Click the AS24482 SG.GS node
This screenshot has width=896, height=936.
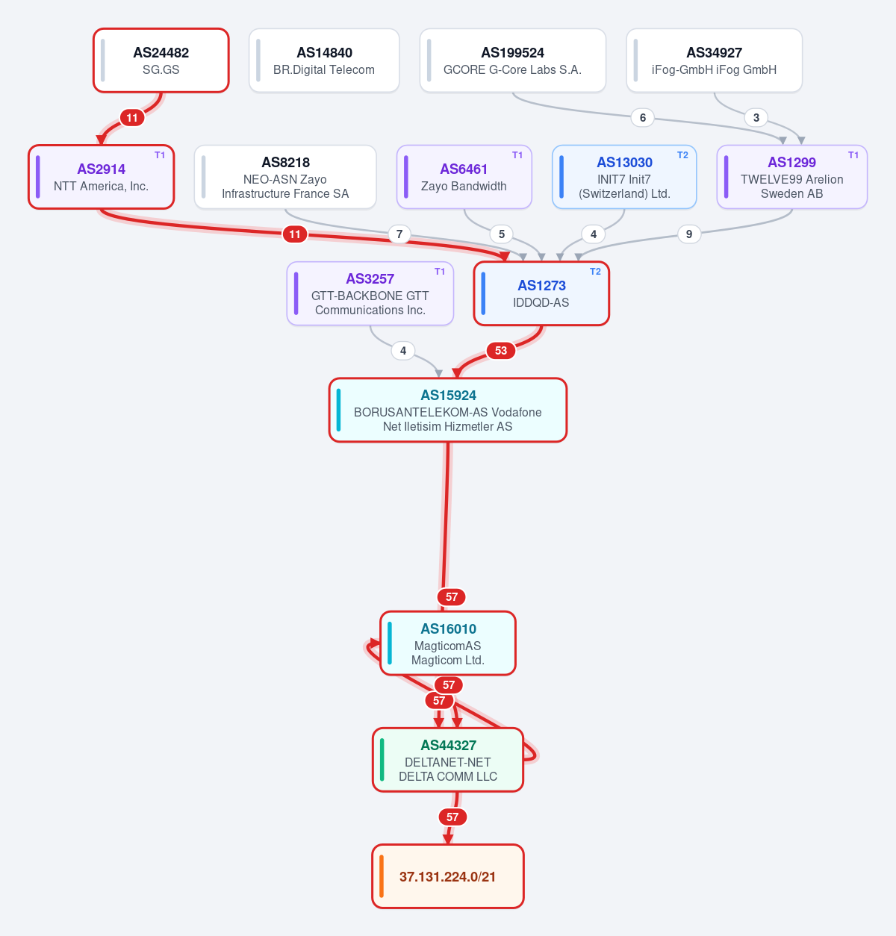click(x=161, y=60)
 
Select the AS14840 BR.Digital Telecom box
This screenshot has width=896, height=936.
click(x=324, y=60)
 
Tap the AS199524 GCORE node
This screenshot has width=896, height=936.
click(x=512, y=60)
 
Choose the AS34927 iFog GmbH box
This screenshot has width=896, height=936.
click(x=714, y=60)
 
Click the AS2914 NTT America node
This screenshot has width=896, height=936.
click(x=101, y=176)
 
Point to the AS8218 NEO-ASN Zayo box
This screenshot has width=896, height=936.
click(x=285, y=176)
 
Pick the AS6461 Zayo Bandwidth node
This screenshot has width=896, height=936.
click(x=464, y=176)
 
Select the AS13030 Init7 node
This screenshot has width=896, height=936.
click(x=624, y=176)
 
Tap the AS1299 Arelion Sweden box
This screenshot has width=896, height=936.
click(x=791, y=176)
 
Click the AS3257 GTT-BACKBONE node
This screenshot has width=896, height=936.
click(x=370, y=293)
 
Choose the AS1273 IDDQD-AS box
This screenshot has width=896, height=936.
click(x=541, y=293)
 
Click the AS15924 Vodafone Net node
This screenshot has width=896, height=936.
click(x=448, y=410)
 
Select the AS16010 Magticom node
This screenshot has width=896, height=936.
click(x=448, y=643)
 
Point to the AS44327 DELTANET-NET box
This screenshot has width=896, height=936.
click(x=448, y=760)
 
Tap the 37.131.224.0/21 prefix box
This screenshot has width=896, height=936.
click(x=448, y=876)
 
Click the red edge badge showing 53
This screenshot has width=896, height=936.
click(x=501, y=351)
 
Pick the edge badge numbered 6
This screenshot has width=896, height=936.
click(x=642, y=117)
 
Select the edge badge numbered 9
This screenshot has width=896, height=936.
click(x=689, y=234)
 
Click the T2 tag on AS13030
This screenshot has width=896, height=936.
click(x=682, y=155)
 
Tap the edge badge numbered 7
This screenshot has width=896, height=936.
click(x=399, y=234)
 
